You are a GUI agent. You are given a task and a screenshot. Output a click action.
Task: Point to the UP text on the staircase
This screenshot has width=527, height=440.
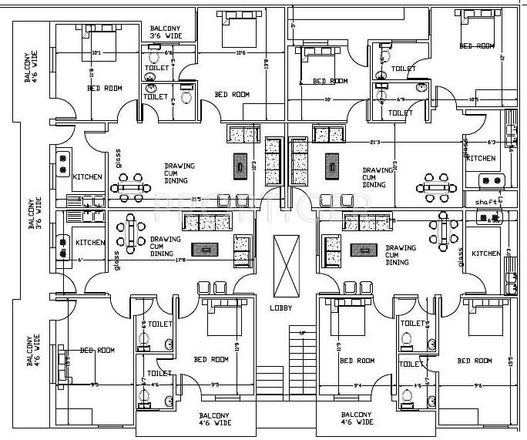coord(301,333)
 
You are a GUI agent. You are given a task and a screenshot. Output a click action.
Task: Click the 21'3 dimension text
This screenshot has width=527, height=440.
coord(375,142)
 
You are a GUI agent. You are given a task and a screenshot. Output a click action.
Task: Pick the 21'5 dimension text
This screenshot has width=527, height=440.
coord(175,199)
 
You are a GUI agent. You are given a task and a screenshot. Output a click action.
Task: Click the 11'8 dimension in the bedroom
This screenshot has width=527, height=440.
coord(92,73)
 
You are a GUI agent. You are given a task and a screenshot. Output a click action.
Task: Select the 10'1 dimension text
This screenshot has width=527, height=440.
coord(96,53)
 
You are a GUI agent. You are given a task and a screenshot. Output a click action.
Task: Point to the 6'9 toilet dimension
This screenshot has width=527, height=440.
coord(400,100)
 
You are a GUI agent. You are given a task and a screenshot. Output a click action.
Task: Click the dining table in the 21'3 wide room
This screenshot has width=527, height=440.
coord(435,185)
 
